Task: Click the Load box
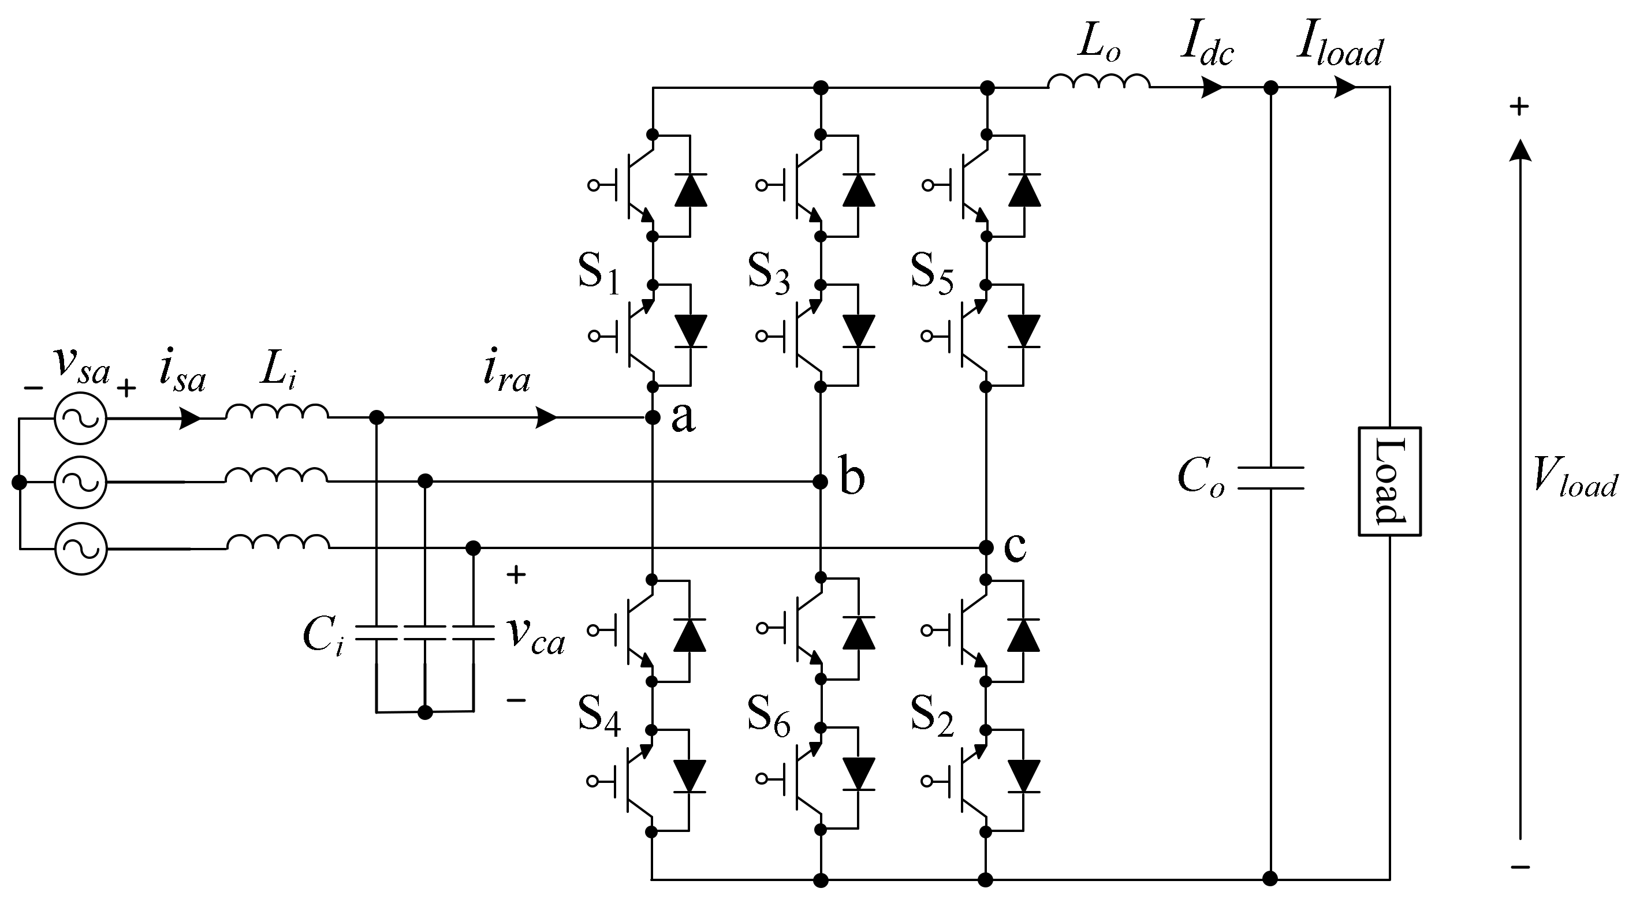[x=1390, y=481]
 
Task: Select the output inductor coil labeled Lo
[x=1098, y=81]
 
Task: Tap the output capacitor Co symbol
[x=1270, y=478]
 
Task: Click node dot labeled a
[x=652, y=417]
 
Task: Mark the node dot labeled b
[x=821, y=482]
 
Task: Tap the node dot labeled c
[x=986, y=547]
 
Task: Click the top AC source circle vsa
[x=81, y=418]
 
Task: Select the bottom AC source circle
[x=81, y=548]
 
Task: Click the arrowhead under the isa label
[x=191, y=418]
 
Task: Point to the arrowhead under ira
[x=546, y=417]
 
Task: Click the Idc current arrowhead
[x=1212, y=87]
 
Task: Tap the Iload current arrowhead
[x=1344, y=87]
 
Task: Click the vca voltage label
[x=535, y=636]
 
